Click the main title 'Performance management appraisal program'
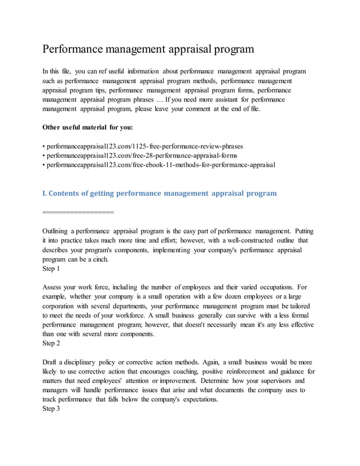tap(148, 49)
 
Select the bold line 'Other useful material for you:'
tap(87, 126)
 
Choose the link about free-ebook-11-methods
tap(160, 165)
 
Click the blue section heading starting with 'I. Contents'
tap(160, 193)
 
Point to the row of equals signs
tap(78, 212)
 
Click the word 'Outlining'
tap(56, 231)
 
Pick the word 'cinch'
tap(97, 260)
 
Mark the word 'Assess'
tap(53, 287)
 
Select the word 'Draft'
tap(51, 362)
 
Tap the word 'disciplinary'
tap(81, 362)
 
